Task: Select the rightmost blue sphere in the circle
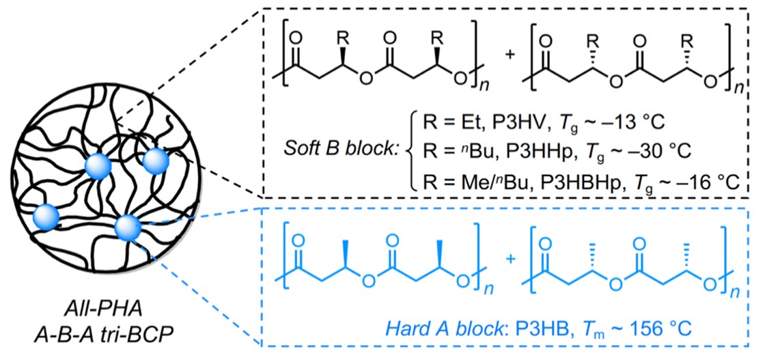click(x=155, y=163)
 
